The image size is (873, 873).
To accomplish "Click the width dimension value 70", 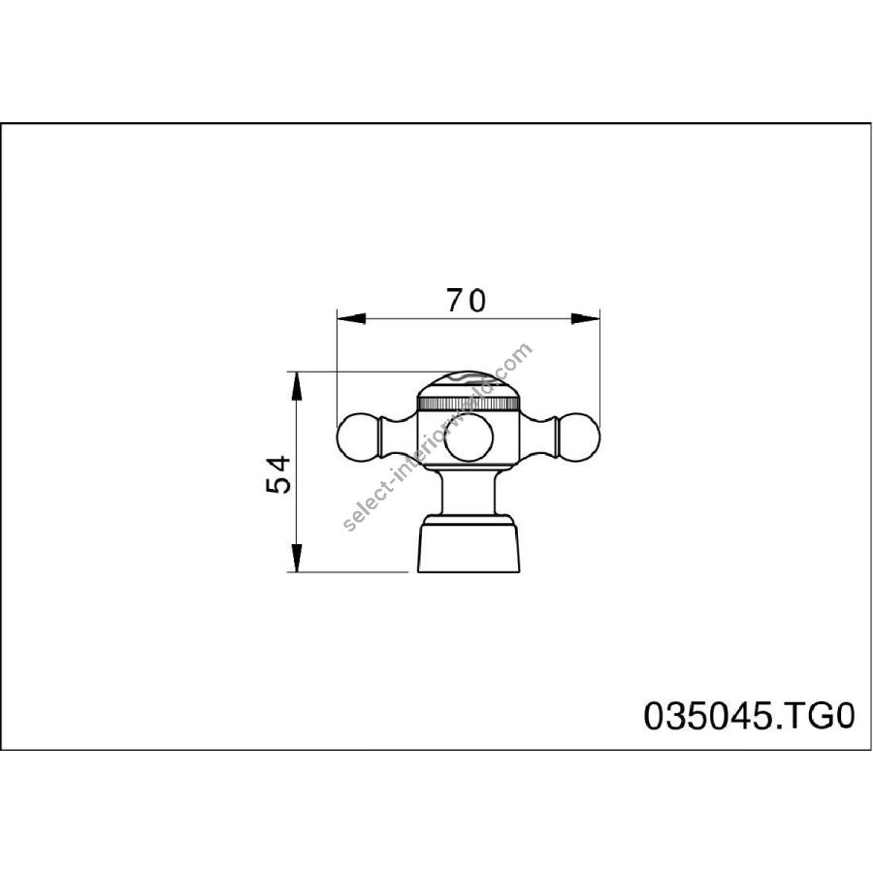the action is pos(466,301).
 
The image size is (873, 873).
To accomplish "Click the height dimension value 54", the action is pos(279,474).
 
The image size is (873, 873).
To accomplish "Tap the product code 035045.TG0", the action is pos(749,716).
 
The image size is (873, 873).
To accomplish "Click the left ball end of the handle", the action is pos(358,434).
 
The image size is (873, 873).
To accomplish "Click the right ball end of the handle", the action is pos(580,434).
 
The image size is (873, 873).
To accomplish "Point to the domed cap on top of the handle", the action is pos(469,384).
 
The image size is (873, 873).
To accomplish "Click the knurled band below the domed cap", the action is pos(469,404).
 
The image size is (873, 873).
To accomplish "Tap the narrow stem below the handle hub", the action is pos(469,492).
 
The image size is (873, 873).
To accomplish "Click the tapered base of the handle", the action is pos(469,548).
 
